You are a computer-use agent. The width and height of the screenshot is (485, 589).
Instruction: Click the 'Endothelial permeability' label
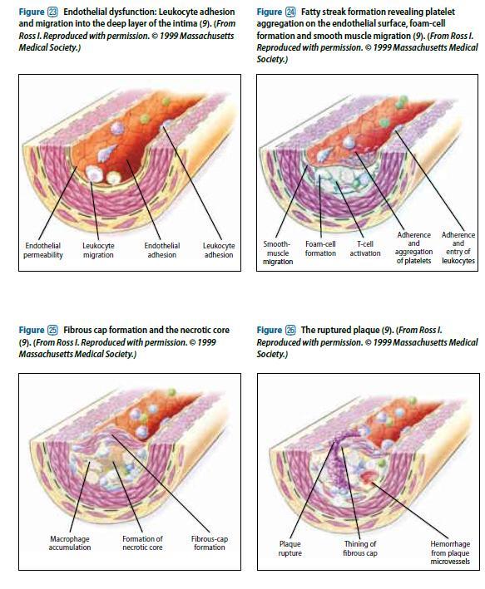43,250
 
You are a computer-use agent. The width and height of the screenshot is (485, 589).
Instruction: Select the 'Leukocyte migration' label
98,250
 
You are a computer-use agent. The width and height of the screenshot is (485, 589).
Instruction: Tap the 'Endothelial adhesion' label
161,250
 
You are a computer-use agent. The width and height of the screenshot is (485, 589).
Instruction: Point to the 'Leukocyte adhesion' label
219,250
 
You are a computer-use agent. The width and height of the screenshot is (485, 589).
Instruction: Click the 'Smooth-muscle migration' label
278,253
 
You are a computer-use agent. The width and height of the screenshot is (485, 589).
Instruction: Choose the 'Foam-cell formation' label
320,248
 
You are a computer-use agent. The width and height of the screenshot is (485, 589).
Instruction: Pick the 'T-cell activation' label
365,248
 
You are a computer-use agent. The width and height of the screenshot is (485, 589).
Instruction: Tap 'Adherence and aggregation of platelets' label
413,248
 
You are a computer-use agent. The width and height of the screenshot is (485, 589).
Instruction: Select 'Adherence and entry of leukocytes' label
458,248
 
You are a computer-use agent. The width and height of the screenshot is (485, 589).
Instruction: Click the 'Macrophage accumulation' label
70,543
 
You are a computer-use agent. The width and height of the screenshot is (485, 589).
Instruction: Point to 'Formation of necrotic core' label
142,543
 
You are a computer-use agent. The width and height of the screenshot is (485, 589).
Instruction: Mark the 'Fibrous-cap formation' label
209,543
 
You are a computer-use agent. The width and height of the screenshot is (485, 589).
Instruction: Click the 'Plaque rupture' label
290,549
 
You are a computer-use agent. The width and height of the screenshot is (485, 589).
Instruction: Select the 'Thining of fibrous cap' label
359,549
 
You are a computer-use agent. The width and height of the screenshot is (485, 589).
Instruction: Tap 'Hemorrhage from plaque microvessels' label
450,553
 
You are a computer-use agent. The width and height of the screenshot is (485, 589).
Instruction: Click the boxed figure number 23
52,12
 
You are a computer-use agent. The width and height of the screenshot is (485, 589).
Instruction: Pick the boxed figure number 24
290,12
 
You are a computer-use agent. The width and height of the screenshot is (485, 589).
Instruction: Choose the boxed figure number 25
52,331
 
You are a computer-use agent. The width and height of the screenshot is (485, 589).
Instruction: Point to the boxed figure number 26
290,331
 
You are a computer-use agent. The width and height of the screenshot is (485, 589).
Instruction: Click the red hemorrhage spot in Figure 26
367,476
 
